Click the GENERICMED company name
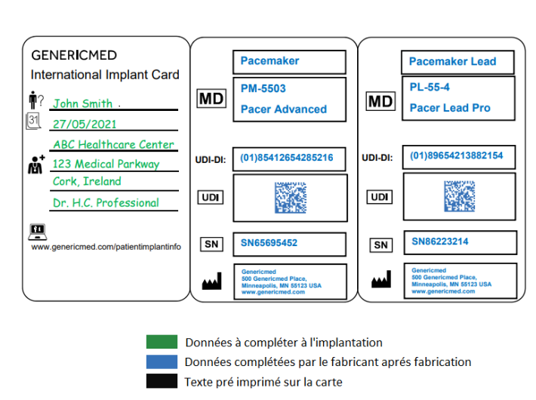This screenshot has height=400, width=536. coord(74,55)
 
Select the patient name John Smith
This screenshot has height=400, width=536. coord(82,103)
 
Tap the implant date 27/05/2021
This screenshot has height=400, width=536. coord(85,124)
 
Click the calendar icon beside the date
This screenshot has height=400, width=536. coord(33,120)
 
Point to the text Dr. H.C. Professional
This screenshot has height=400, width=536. coord(106,202)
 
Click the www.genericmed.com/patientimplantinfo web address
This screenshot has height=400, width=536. coord(106,246)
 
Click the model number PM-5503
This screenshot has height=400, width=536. coord(263,88)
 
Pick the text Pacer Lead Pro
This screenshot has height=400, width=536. coord(450,108)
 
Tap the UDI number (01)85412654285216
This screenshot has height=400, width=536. coord(287,158)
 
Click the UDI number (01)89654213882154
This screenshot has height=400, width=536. coord(456,156)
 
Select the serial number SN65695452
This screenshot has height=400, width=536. coord(269,243)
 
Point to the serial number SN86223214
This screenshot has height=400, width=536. coord(440,242)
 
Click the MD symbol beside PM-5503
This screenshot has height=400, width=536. coord(211,98)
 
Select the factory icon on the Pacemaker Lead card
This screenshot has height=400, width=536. coord(381,281)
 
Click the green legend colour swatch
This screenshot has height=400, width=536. coord(162,342)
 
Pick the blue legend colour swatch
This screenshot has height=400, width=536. coord(162,362)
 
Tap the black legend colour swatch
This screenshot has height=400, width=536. coord(162,381)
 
